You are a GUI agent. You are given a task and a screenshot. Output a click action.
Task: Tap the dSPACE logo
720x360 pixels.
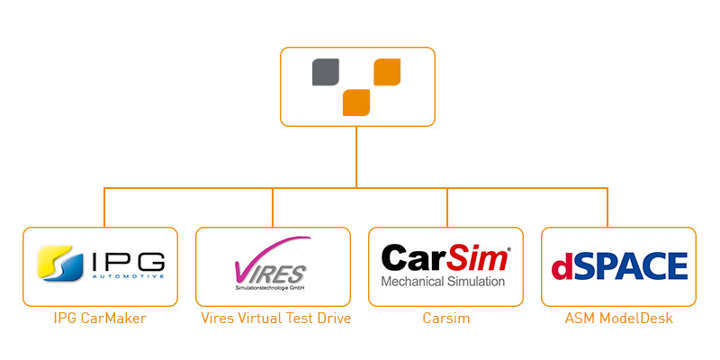(x=618, y=266)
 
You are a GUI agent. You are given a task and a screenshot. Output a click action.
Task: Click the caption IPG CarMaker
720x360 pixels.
(x=99, y=319)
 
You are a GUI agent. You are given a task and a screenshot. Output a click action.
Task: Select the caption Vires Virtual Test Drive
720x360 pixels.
(x=273, y=319)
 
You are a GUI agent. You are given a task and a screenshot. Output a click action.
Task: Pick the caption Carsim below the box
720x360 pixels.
(x=445, y=319)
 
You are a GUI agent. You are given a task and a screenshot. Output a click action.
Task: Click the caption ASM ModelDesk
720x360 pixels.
(x=618, y=319)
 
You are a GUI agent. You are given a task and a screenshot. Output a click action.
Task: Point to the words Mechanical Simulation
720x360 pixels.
(x=444, y=282)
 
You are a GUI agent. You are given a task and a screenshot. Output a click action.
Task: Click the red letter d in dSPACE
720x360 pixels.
(x=561, y=267)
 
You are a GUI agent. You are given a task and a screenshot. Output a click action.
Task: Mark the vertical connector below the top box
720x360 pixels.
(x=357, y=157)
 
